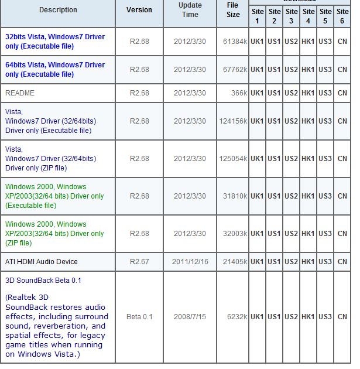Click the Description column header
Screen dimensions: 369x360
click(x=58, y=10)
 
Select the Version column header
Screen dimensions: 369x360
click(x=139, y=10)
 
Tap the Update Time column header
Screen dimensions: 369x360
click(x=190, y=10)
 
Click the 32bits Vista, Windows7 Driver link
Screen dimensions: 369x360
click(x=55, y=41)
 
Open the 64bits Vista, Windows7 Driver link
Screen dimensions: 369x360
click(x=55, y=70)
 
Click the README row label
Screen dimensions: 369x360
click(x=20, y=93)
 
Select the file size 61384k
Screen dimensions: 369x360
click(x=234, y=42)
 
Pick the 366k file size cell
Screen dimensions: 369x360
click(x=239, y=93)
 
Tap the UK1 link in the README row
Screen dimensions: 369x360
click(x=257, y=93)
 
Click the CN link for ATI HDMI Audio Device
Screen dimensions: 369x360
click(x=342, y=262)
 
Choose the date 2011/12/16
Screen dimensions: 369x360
click(x=190, y=262)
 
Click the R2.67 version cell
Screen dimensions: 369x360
click(x=139, y=262)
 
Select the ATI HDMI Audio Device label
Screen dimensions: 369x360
click(x=41, y=262)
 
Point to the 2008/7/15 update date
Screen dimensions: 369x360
click(x=190, y=317)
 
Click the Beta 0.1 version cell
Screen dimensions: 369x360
click(x=139, y=317)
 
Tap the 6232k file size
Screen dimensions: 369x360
click(x=236, y=317)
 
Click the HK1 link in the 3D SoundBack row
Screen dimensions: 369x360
click(x=308, y=317)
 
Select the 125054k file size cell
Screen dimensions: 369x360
click(x=233, y=159)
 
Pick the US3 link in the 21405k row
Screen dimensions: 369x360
click(x=325, y=262)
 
